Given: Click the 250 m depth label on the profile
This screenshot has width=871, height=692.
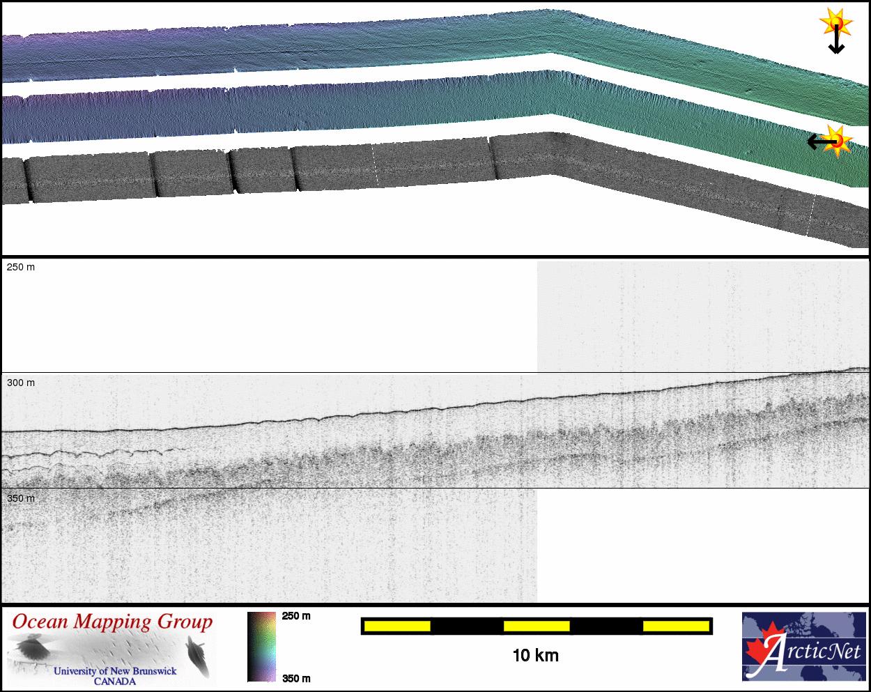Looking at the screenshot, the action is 21,267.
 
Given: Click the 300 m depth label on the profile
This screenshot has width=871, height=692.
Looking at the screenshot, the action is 21,383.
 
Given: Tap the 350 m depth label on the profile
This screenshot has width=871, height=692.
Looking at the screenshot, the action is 21,498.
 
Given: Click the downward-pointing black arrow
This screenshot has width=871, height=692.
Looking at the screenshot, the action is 836,39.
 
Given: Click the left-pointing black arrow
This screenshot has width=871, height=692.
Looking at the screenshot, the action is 822,141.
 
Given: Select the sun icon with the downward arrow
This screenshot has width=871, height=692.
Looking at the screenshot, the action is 836,23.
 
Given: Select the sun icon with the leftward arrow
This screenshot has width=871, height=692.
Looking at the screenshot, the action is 837,141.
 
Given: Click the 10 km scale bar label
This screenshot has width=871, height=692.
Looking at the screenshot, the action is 535,656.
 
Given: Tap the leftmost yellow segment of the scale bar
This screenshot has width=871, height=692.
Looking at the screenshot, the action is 397,626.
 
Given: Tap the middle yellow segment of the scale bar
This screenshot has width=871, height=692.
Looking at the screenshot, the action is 537,626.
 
